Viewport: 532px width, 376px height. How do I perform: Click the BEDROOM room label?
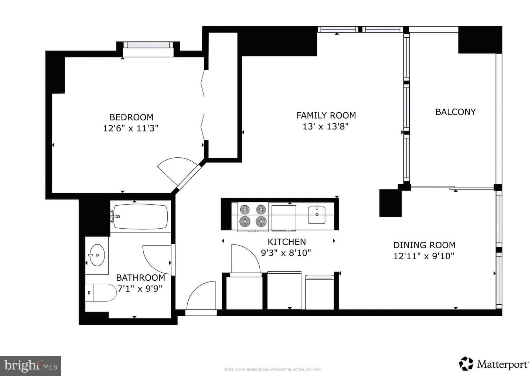click(132, 117)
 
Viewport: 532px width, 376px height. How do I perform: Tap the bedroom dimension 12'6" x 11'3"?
click(131, 129)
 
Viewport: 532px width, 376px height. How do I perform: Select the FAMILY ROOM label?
click(326, 115)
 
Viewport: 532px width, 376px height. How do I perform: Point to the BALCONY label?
click(456, 112)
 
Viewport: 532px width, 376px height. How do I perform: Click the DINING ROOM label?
click(424, 245)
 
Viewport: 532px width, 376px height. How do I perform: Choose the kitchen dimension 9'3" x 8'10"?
click(286, 253)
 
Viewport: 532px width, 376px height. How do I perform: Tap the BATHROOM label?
click(141, 277)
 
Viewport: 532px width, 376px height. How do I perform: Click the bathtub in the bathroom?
click(140, 217)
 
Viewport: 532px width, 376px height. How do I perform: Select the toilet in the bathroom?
click(101, 293)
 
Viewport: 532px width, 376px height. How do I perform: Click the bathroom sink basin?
click(97, 255)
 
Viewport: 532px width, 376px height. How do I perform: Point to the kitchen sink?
click(317, 215)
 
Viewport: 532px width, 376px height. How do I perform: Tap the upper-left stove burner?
click(245, 209)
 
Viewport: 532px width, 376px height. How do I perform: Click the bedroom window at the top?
click(148, 45)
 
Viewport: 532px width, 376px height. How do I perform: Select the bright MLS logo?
click(30, 366)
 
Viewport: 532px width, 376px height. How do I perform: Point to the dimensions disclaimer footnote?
click(272, 370)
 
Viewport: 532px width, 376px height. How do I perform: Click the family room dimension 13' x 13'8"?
click(325, 127)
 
